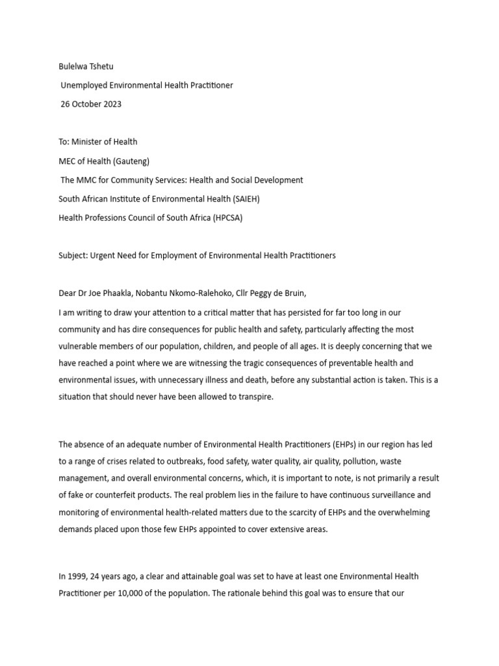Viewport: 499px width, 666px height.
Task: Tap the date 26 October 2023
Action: (91, 104)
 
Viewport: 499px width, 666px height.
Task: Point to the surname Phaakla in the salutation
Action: (118, 293)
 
